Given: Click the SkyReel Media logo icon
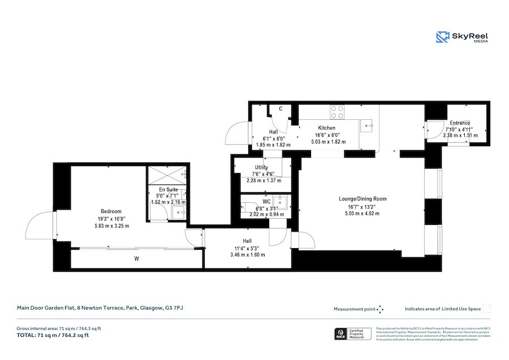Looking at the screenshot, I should pos(442,37).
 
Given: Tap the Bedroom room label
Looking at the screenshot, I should pos(111,212).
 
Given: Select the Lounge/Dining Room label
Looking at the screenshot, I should pos(363,199).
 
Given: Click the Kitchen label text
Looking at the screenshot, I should pos(327,128).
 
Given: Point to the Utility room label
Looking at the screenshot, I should pos(261,167).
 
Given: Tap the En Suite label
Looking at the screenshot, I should pos(168,189).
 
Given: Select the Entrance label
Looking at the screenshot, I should pos(460,123).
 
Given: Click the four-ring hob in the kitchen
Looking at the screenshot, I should pos(337,112).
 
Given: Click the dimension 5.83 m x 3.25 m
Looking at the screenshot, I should pos(111,225).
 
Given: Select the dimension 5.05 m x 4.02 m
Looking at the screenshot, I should pos(363,214).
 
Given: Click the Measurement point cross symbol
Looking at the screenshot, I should pos(380,309).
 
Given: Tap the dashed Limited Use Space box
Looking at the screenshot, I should pos(486,309).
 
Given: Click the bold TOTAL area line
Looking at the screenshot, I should pos(53,335).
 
